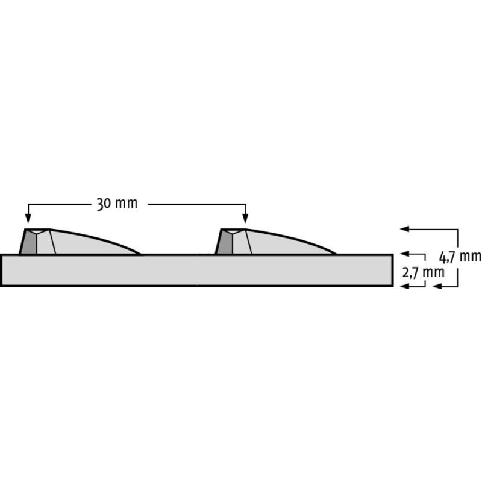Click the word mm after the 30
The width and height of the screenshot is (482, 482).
(x=127, y=204)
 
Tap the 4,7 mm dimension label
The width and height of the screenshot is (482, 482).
(x=460, y=257)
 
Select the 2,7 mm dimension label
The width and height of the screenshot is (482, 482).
(x=424, y=273)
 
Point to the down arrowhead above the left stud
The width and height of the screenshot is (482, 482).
(x=28, y=218)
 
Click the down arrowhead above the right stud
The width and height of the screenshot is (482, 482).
(x=245, y=218)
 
